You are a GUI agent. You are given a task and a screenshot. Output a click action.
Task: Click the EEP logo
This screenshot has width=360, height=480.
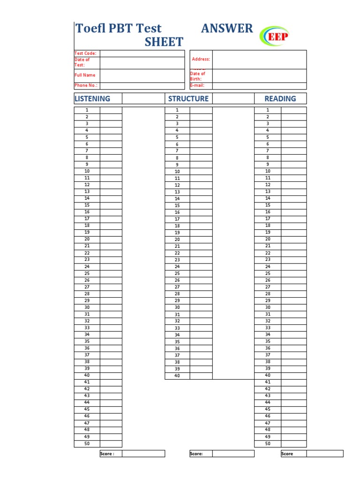click(276, 36)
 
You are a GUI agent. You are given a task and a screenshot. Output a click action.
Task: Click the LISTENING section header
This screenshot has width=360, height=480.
click(92, 98)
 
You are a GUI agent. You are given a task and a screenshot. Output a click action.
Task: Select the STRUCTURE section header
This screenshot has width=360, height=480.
click(188, 98)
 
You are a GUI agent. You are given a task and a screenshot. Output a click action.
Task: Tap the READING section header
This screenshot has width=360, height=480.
click(280, 98)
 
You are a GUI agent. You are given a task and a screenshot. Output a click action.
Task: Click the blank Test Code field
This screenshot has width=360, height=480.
click(142, 53)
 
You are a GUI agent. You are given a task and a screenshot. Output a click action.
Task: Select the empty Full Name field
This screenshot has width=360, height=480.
click(142, 75)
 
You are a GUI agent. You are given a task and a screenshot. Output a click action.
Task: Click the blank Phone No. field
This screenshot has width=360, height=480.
click(142, 86)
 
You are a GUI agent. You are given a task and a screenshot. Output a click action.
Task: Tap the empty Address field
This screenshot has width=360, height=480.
click(259, 60)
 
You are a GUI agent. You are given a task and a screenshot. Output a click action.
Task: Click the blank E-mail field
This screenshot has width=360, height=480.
click(259, 86)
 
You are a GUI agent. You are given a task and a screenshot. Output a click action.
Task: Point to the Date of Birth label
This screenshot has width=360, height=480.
click(198, 76)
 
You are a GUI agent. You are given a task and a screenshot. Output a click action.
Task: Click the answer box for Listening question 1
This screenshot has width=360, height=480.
click(111, 110)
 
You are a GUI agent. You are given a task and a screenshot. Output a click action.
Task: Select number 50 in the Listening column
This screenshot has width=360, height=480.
click(87, 443)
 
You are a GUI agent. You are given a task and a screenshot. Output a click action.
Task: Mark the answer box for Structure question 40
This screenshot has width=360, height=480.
click(201, 376)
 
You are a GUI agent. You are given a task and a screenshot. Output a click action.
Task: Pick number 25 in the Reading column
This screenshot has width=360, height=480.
click(268, 273)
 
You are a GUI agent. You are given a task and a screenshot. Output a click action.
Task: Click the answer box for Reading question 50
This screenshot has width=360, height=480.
click(294, 443)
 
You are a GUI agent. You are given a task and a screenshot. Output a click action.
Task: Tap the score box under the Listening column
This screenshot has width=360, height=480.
click(143, 454)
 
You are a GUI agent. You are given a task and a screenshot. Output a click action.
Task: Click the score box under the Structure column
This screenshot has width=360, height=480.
click(233, 454)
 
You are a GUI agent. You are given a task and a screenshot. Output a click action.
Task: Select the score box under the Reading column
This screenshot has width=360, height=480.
click(325, 454)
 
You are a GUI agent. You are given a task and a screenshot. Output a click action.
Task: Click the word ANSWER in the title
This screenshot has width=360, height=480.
click(227, 28)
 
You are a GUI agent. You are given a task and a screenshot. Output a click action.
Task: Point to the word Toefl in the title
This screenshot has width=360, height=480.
click(90, 28)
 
